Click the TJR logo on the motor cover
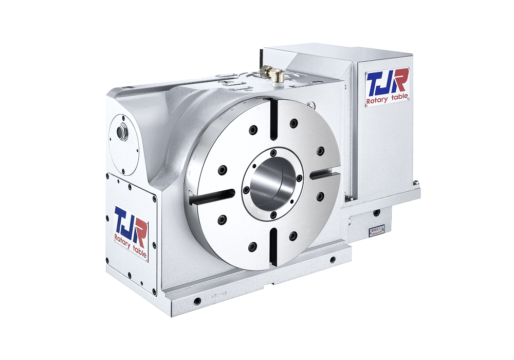(387, 85)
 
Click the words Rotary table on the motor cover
(387, 100)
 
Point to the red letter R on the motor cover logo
(400, 81)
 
